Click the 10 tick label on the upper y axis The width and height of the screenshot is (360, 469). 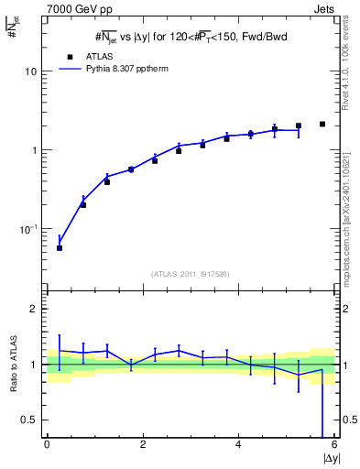pyautogui.click(x=30, y=71)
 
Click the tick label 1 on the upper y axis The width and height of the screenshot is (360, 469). pyautogui.click(x=33, y=150)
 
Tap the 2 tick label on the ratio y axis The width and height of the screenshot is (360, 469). pyautogui.click(x=33, y=309)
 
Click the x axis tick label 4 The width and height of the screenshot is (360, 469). pyautogui.click(x=238, y=444)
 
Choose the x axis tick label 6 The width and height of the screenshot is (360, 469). pyautogui.click(x=334, y=444)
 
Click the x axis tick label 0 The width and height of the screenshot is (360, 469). pyautogui.click(x=47, y=444)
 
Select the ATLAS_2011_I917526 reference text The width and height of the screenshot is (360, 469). pyautogui.click(x=189, y=273)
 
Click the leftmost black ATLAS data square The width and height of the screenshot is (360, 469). pyautogui.click(x=60, y=248)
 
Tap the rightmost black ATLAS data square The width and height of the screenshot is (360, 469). pyautogui.click(x=322, y=124)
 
